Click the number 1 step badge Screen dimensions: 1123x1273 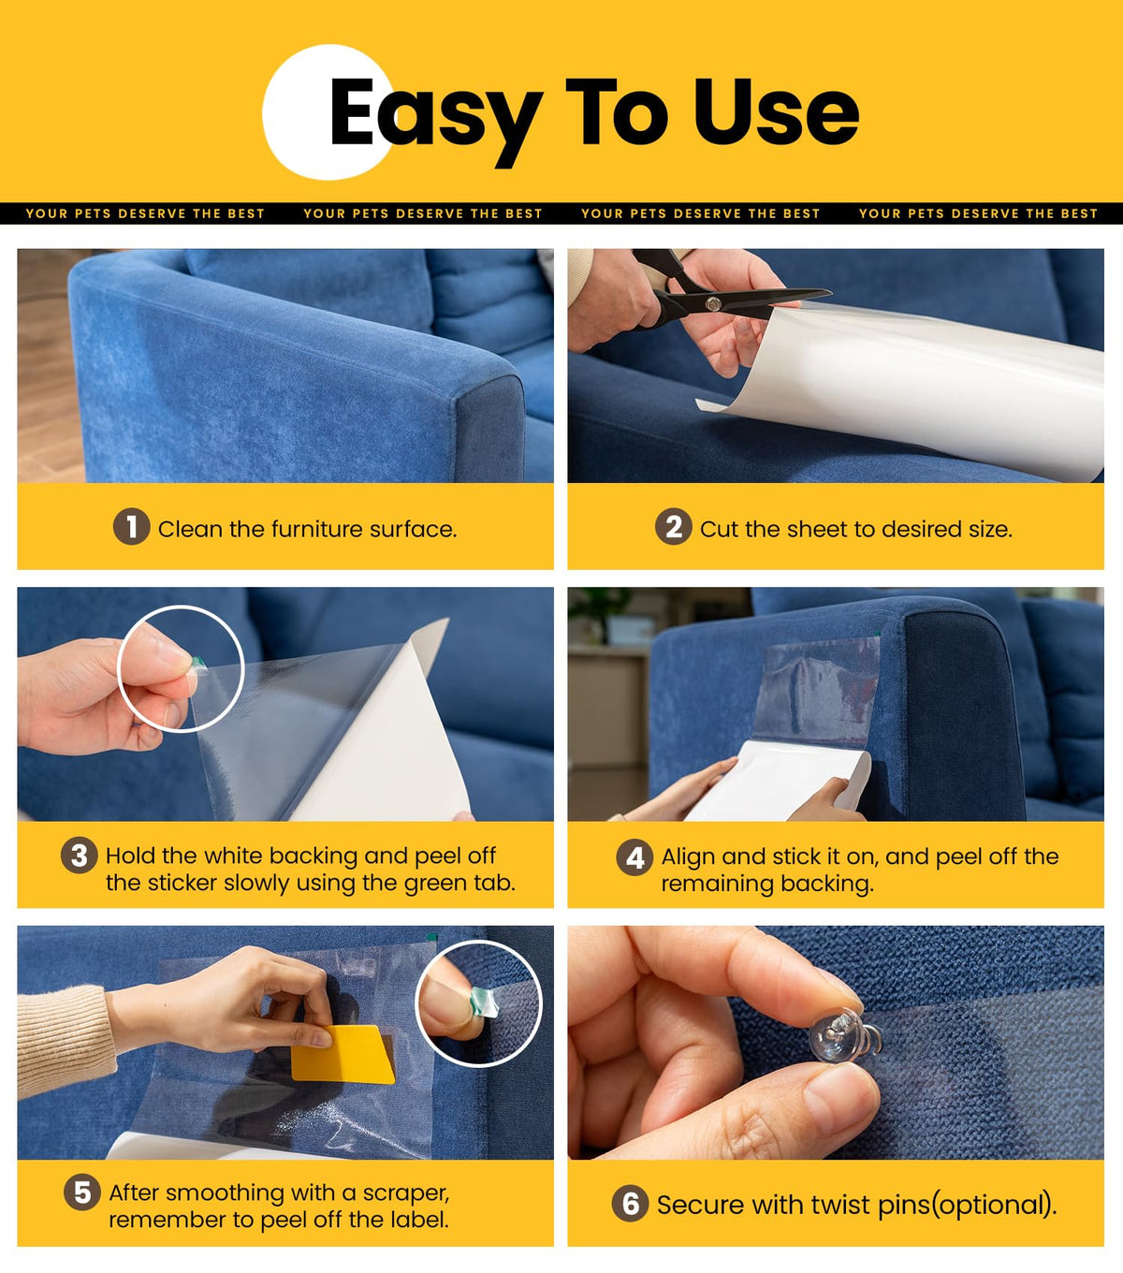tap(131, 527)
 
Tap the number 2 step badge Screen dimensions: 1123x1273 tap(674, 527)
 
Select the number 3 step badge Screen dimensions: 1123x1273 tap(80, 856)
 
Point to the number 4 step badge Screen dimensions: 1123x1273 tap(634, 857)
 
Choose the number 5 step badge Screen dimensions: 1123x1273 tap(82, 1192)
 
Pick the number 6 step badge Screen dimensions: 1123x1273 tap(631, 1203)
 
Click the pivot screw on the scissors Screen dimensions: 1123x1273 tap(712, 304)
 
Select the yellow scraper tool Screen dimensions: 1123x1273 tap(343, 1055)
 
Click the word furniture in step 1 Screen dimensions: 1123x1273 tap(316, 529)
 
